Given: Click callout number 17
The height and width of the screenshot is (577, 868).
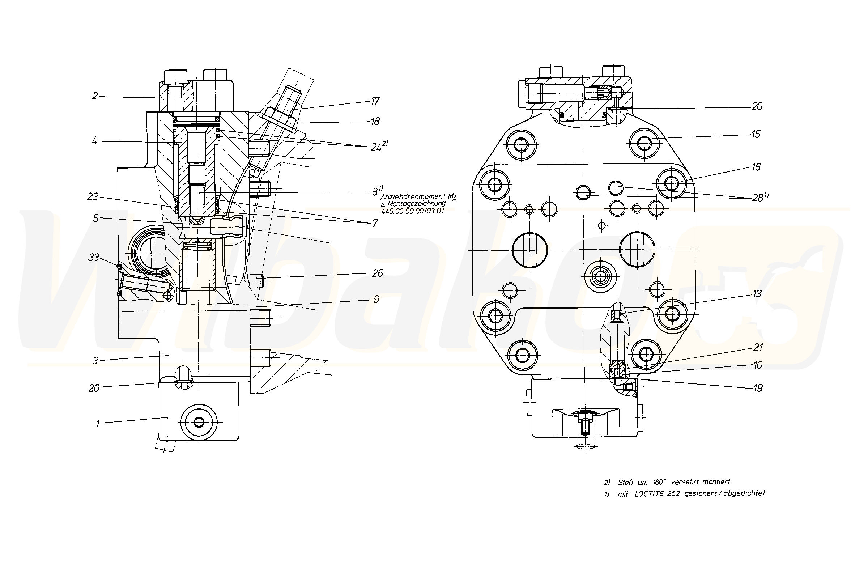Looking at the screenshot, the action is coord(375,101).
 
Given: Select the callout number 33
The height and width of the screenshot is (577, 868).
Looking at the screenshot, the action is coord(94,257).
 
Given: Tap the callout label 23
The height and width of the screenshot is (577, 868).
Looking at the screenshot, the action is coord(93,197).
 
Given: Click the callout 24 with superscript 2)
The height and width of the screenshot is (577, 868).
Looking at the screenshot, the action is coord(379,147).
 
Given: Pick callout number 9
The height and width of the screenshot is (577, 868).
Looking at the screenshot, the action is coord(376,300).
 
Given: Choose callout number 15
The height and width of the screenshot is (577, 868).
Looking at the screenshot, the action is coord(756,134).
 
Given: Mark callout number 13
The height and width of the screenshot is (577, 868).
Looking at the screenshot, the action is coord(757,294).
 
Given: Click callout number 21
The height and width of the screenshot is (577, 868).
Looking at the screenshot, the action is coord(758,347).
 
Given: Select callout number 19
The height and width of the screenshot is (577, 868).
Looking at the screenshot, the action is coord(758,387).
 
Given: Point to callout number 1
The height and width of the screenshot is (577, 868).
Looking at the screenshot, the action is coord(97,424).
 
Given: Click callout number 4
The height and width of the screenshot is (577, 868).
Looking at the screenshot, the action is coord(94,141).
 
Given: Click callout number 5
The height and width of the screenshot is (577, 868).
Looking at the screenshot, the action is coord(95,218).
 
